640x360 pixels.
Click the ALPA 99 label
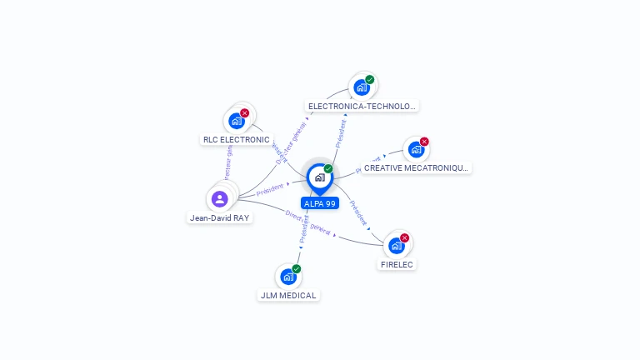pos(319,203)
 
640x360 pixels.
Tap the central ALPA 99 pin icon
pos(319,177)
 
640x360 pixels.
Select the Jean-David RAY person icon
pos(219,198)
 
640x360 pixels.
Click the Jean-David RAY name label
pos(219,218)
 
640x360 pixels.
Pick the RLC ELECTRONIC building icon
pos(237,121)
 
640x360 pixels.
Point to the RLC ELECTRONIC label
pos(237,140)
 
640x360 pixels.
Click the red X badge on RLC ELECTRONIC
pos(244,112)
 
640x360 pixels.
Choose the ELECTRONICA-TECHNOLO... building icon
pos(362,87)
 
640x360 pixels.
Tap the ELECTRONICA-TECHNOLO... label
pos(362,107)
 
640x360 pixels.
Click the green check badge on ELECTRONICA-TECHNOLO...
pos(370,80)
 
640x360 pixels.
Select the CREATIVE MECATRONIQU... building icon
pos(416,149)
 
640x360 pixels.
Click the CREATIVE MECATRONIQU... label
pos(417,168)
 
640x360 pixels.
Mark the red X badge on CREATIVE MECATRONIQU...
pos(424,142)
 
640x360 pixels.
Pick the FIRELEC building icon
pos(397,245)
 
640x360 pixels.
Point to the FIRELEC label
pos(397,265)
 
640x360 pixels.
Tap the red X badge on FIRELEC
pos(405,237)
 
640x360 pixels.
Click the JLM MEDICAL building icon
pos(288,276)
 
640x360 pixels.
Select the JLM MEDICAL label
pos(288,296)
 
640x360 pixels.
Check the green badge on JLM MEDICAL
pos(297,268)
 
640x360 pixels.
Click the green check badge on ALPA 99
pos(328,168)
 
